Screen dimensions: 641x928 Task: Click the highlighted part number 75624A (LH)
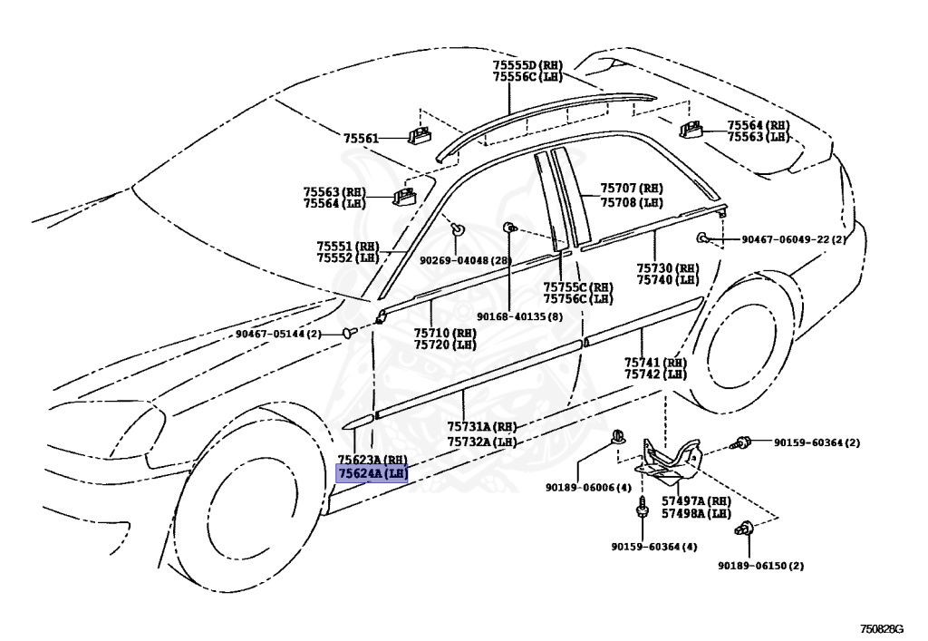coord(372,473)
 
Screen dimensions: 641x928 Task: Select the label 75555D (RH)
coord(527,65)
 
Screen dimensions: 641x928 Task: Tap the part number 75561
coord(361,138)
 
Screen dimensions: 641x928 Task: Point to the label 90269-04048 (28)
coord(465,260)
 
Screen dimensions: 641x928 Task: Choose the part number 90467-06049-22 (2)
coord(793,239)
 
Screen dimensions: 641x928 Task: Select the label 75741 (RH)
coord(654,362)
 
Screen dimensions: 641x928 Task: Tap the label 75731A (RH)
coord(481,427)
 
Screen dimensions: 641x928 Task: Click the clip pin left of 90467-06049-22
coord(703,238)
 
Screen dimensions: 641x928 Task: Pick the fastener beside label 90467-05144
coord(348,333)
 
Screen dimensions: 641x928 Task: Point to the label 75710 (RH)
coord(445,333)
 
